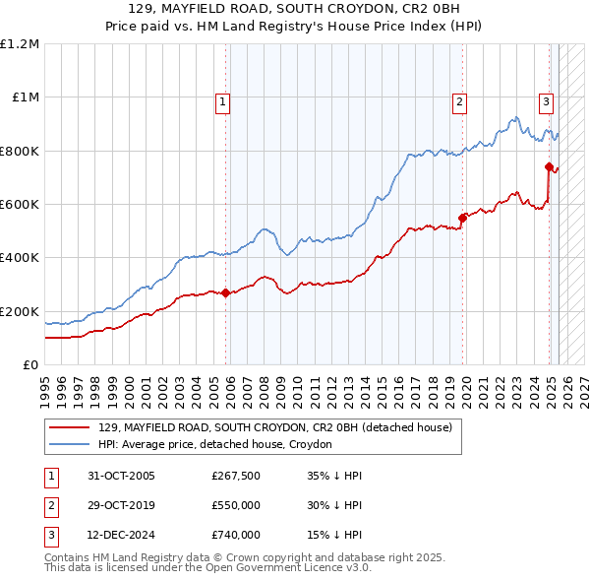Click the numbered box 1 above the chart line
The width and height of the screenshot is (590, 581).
click(223, 100)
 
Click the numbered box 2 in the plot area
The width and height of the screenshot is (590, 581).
click(459, 100)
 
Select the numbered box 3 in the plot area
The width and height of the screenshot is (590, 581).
click(546, 100)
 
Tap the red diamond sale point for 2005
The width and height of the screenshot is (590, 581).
click(226, 292)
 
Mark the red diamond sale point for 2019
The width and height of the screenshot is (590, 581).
click(462, 218)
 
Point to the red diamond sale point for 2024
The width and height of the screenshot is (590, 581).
click(549, 166)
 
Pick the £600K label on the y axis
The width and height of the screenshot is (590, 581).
click(20, 205)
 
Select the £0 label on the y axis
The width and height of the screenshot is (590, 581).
click(30, 365)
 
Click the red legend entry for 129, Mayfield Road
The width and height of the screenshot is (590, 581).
click(275, 428)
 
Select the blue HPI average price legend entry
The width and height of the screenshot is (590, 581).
click(215, 445)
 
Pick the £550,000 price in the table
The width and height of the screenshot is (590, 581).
click(236, 506)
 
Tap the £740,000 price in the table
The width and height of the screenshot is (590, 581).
click(236, 536)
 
